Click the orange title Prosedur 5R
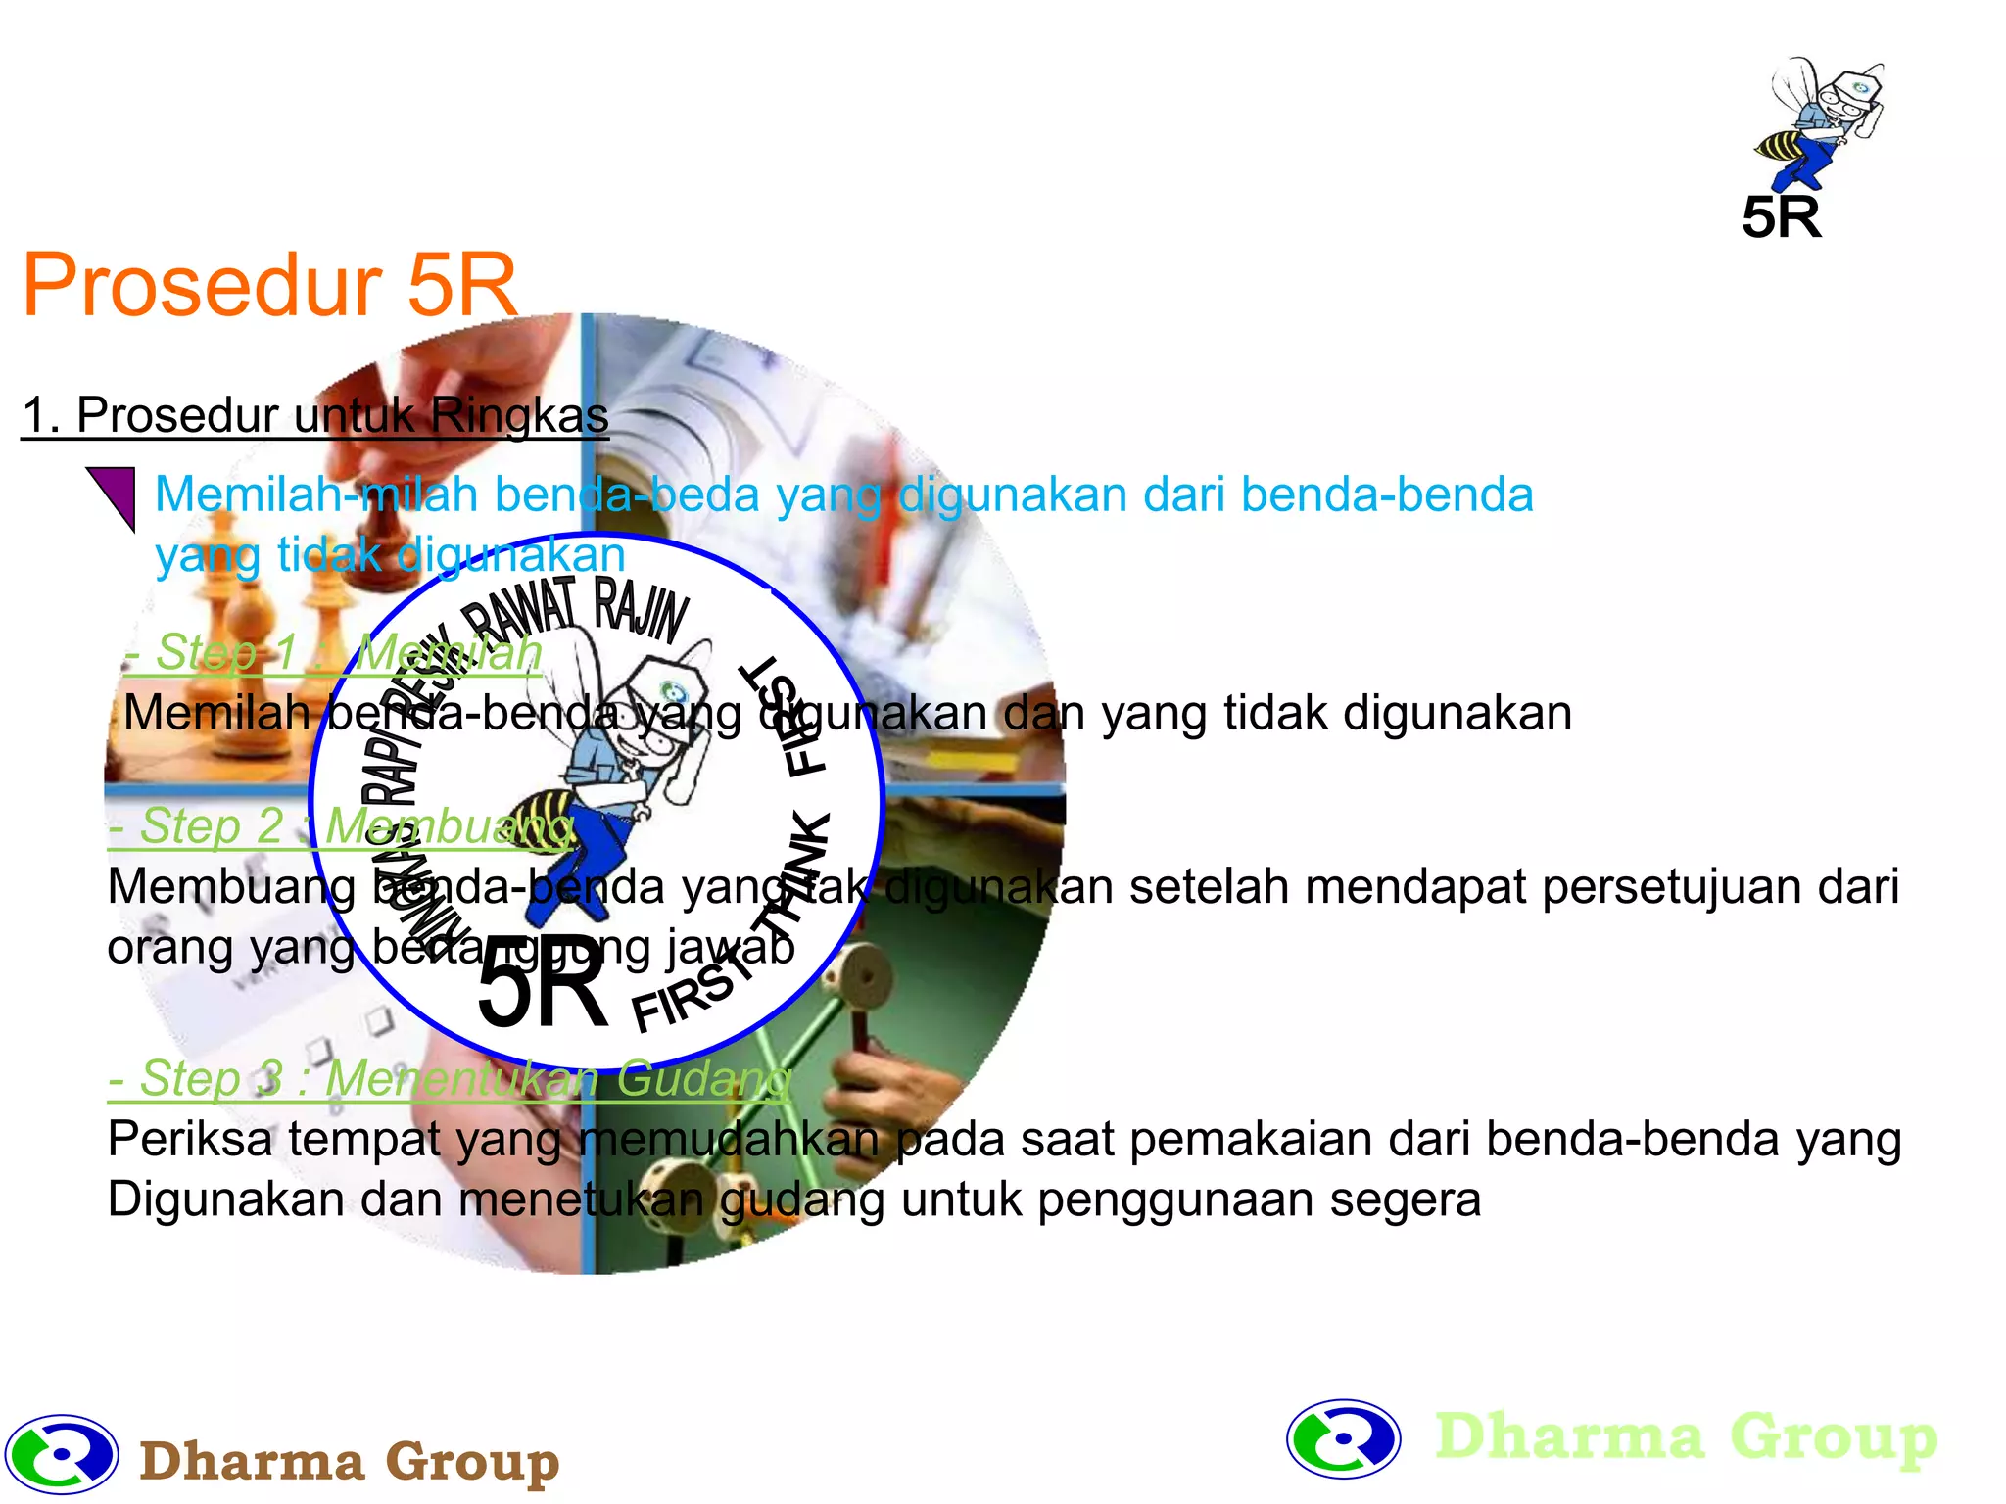point(269,285)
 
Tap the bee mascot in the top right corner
point(1820,122)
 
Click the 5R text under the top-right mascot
point(1781,217)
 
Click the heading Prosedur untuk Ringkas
point(315,415)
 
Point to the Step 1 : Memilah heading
point(333,652)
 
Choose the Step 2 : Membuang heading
point(341,826)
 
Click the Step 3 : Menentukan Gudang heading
point(449,1079)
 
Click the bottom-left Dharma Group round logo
point(62,1454)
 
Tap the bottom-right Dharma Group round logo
point(1343,1438)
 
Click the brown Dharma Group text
point(349,1461)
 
